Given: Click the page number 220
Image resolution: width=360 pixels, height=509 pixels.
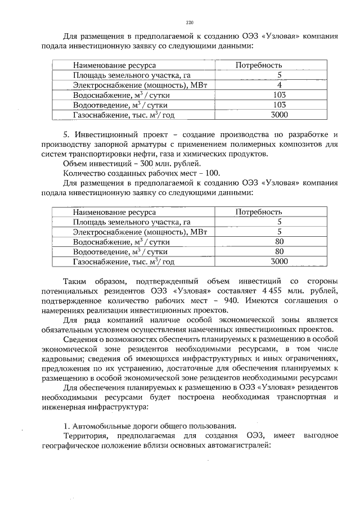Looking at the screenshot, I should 190,22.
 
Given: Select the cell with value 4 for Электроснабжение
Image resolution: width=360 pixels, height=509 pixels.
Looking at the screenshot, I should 279,85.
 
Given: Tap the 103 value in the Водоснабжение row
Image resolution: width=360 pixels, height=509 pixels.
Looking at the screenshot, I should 279,95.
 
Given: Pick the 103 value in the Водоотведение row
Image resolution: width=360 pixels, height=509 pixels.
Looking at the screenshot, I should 279,105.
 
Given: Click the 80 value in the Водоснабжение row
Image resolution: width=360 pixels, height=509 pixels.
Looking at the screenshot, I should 279,242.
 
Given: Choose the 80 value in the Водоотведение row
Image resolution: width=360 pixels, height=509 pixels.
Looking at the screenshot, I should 279,251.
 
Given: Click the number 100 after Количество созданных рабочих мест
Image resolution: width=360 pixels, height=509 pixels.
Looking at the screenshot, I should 213,173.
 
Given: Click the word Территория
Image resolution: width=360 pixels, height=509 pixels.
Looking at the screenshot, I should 85,435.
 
